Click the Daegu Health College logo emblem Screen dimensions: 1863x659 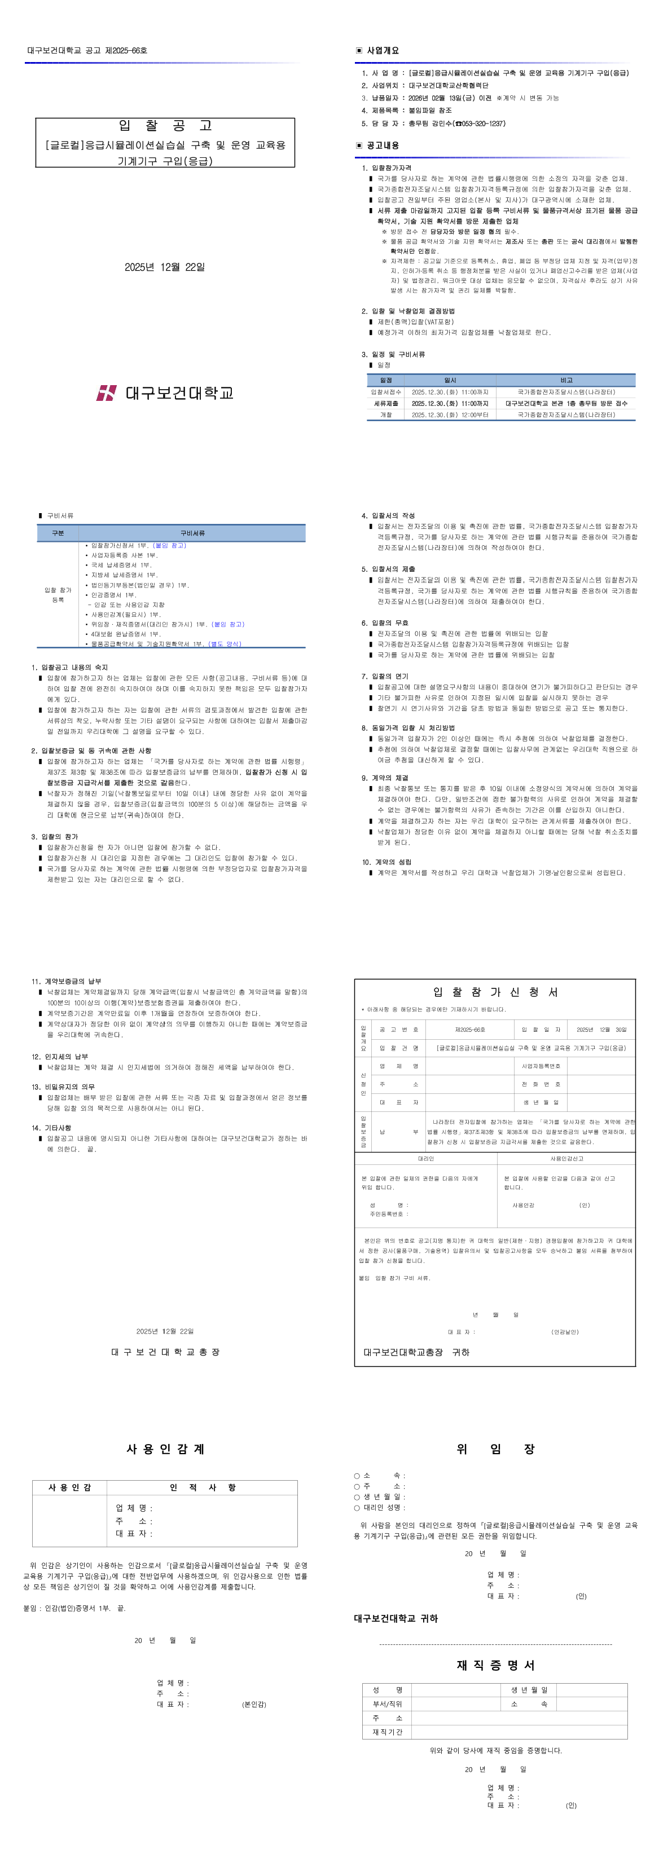click(x=106, y=392)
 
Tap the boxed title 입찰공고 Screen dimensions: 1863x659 click(x=165, y=126)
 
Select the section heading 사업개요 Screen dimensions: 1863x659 click(x=382, y=51)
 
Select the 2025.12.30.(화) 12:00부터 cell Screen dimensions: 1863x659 click(x=449, y=415)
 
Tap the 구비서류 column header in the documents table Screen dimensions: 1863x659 click(x=192, y=533)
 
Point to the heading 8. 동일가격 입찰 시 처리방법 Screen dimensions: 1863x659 click(x=408, y=727)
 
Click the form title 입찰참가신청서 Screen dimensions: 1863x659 click(x=495, y=992)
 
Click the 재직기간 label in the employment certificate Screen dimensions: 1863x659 click(x=387, y=1732)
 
